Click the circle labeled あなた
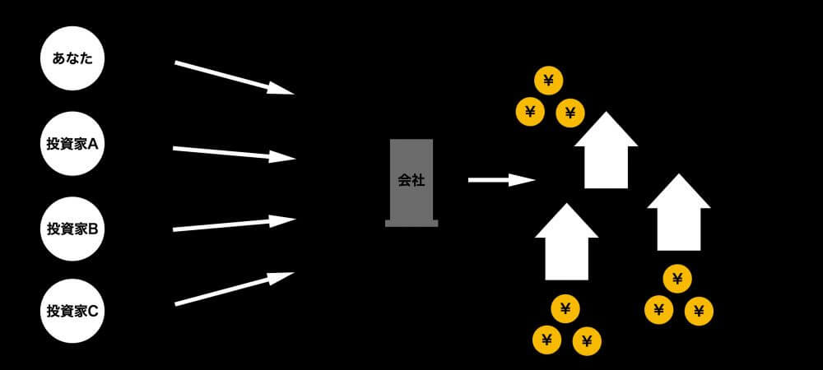point(72,59)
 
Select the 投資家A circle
point(72,144)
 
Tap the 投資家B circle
point(72,229)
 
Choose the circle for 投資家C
point(72,311)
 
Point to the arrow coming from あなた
point(234,77)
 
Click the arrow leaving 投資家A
point(234,153)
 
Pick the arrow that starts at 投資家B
point(234,224)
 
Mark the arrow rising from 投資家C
point(234,289)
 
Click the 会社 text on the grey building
point(411,180)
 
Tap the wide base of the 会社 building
point(411,223)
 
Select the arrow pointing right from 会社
point(501,179)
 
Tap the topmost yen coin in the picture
point(549,81)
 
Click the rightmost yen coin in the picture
point(699,311)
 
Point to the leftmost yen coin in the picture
point(530,111)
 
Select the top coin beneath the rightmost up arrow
point(677,279)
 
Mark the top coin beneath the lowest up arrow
point(565,308)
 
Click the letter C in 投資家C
point(93,312)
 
